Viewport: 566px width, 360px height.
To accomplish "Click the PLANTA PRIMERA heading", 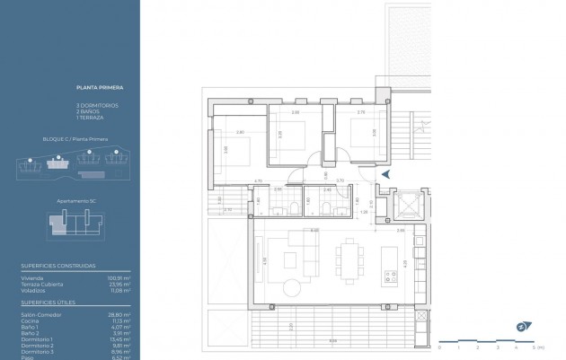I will pyautogui.click(x=100, y=88).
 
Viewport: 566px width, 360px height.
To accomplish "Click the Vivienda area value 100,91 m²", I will pyautogui.click(x=120, y=279).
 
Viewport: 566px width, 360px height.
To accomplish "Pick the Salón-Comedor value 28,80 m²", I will pyautogui.click(x=120, y=315).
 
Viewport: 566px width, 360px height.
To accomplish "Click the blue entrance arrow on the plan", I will pyautogui.click(x=385, y=172).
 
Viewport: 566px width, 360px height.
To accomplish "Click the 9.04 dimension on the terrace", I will pyautogui.click(x=333, y=339).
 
